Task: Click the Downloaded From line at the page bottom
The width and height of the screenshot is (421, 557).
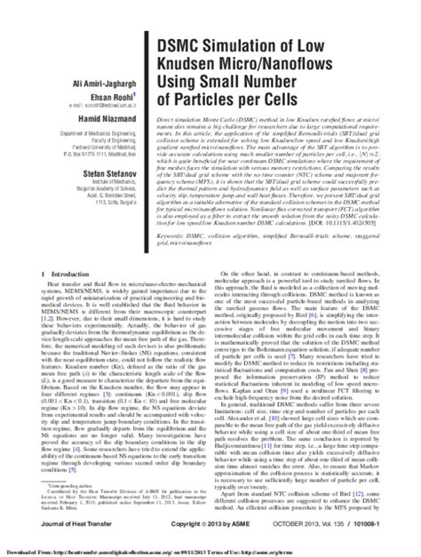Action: [x=210, y=551]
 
